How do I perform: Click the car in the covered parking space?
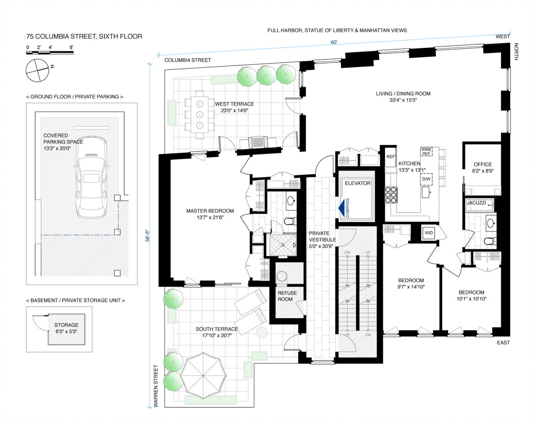pos(92,177)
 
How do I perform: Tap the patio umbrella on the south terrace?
pos(203,375)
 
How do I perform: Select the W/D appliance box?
pos(428,233)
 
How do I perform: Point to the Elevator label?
pos(358,183)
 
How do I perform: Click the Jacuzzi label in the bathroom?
pos(476,203)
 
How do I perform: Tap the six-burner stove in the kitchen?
pos(391,195)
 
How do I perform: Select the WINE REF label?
pos(426,151)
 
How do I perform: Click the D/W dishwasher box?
pos(426,179)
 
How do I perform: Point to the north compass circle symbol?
pos(38,70)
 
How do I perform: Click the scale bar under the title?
pos(50,53)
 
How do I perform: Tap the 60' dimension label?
pos(334,42)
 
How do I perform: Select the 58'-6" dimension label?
pos(148,235)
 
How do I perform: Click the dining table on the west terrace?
pos(200,114)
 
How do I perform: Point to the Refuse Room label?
pos(287,296)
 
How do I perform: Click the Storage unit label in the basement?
pos(66,325)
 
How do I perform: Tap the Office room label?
pos(483,164)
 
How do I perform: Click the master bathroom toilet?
pos(290,221)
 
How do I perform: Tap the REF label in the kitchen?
pos(391,157)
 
